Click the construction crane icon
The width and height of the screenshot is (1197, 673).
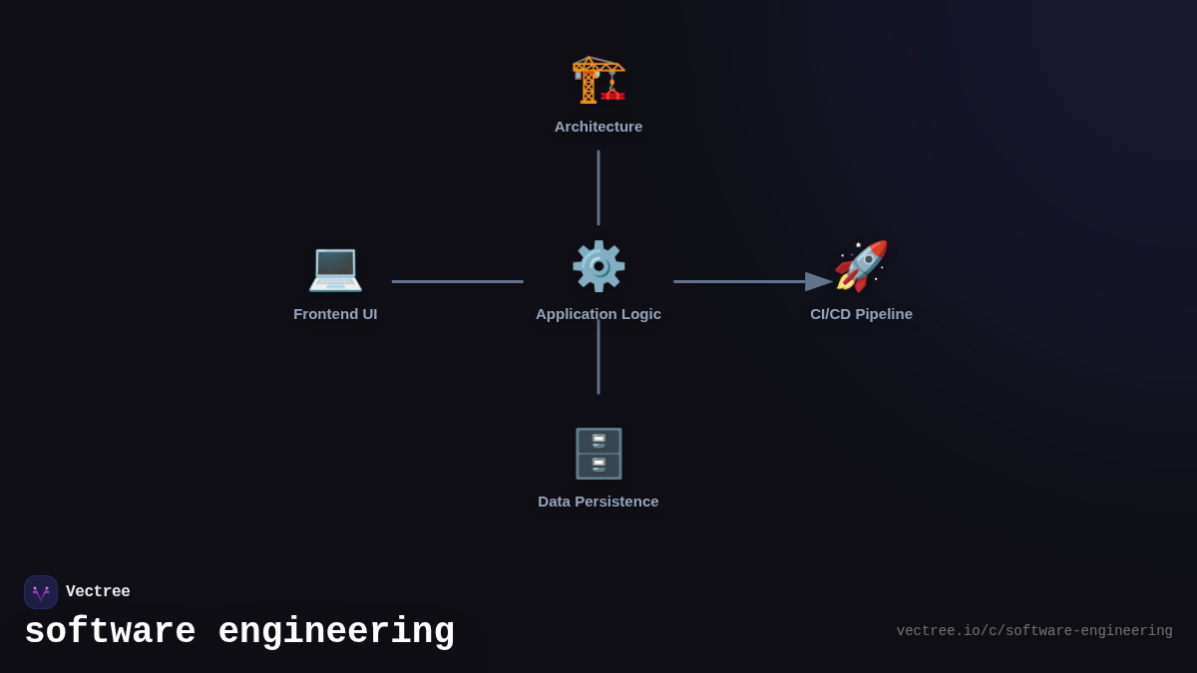[598, 79]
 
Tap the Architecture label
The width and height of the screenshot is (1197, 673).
[598, 127]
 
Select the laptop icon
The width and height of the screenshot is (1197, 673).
[335, 267]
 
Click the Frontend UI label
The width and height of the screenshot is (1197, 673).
[335, 314]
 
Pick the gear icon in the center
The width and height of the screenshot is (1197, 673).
[598, 266]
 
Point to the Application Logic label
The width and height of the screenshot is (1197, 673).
[598, 314]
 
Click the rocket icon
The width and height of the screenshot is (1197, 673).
[861, 266]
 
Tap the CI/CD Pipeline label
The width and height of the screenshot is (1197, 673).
[861, 314]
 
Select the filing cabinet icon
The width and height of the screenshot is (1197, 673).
[598, 454]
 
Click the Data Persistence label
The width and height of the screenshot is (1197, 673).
[598, 502]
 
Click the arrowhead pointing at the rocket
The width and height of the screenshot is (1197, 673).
[819, 282]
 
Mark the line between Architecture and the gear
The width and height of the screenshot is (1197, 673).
[598, 187]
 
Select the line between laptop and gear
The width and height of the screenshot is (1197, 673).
[457, 281]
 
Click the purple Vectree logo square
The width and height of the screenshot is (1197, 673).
[41, 592]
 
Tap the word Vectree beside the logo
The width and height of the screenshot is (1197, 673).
[98, 592]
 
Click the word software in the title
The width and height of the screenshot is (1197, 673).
[110, 632]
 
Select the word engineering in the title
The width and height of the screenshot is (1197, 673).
[336, 632]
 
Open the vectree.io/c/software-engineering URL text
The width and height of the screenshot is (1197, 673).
[1034, 631]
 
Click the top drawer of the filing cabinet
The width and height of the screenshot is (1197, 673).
[598, 441]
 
